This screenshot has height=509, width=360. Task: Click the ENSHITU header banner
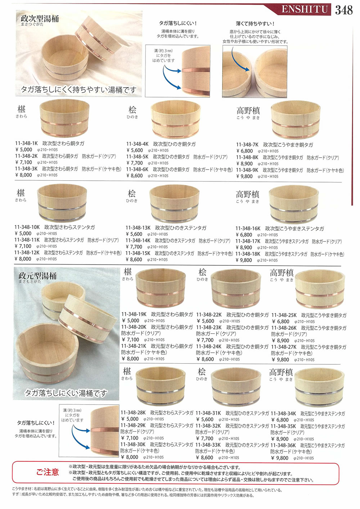coord(305,9)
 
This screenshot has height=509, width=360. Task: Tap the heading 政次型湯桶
coord(40,18)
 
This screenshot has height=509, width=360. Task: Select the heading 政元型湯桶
coord(37,276)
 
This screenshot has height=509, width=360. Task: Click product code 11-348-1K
coord(26,143)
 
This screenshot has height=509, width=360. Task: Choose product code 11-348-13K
coord(138,228)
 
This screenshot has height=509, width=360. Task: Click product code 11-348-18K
coord(248,254)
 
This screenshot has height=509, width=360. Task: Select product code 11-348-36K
coord(283,446)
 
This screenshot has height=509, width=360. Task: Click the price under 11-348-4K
coord(135,150)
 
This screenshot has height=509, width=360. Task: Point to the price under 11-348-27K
coord(280,360)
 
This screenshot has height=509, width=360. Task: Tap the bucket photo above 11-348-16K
coord(293,204)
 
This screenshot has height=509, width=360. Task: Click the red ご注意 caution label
coord(47,472)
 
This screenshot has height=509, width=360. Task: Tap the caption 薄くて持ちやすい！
coord(255,24)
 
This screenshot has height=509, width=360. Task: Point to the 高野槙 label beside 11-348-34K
coord(281,372)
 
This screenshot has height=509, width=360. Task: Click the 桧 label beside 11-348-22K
coord(202,272)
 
